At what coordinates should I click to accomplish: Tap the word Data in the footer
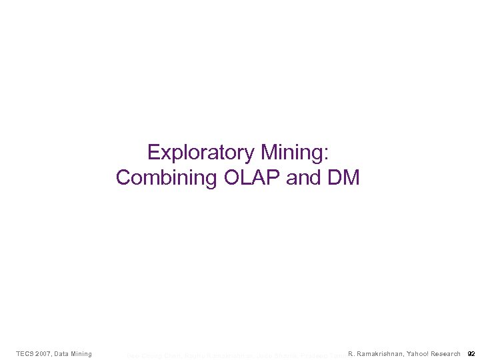pyautogui.click(x=69, y=353)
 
